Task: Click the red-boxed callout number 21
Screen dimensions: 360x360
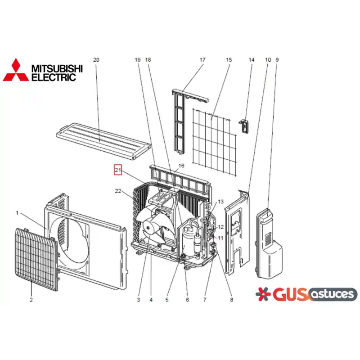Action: click(x=118, y=170)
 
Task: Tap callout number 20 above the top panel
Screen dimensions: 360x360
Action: click(x=96, y=60)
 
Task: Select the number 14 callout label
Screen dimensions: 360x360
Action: click(x=252, y=60)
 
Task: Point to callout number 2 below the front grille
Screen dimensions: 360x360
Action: click(x=31, y=300)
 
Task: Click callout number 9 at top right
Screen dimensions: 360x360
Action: click(x=277, y=60)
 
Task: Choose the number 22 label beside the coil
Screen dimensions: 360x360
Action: click(x=118, y=191)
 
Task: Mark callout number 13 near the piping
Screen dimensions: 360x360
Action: click(x=220, y=202)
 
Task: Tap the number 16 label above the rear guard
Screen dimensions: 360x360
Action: click(x=181, y=166)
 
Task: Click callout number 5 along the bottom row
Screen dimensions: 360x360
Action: click(x=166, y=300)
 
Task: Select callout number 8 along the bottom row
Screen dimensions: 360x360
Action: click(x=231, y=300)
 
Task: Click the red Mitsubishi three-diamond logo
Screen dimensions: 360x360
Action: click(x=16, y=70)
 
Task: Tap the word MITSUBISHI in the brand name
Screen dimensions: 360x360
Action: click(x=57, y=69)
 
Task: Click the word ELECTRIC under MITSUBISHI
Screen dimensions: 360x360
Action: click(x=54, y=77)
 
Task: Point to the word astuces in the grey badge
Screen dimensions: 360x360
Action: click(x=333, y=294)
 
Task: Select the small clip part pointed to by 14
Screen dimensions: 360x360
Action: click(x=244, y=126)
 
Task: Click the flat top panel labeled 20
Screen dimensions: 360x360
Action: click(x=104, y=140)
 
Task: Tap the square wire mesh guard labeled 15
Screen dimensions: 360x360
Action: click(x=215, y=142)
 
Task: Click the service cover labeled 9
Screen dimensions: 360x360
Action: click(x=269, y=243)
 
